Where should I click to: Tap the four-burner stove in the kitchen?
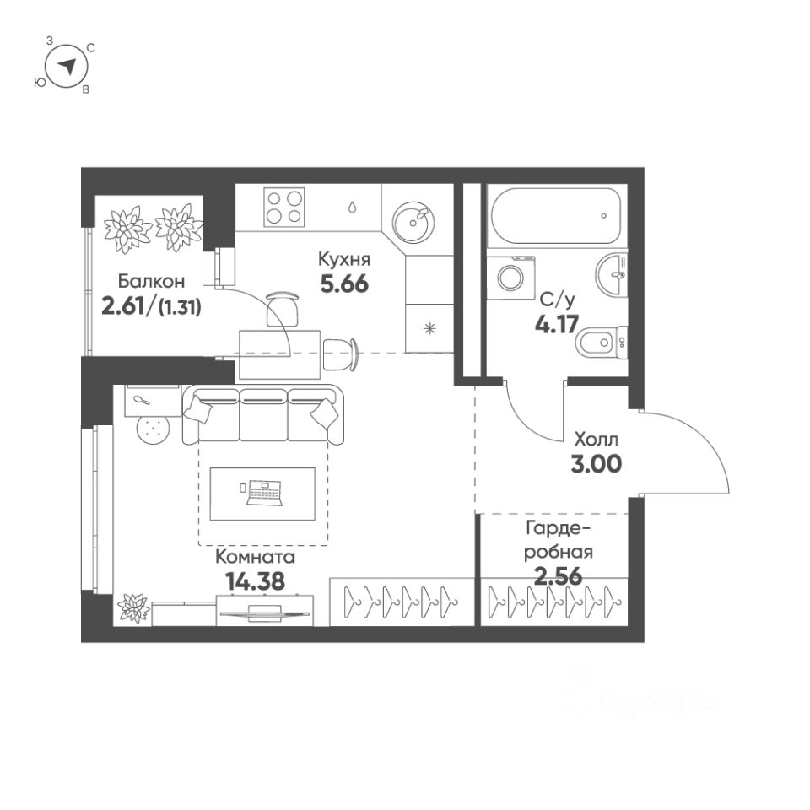(x=283, y=206)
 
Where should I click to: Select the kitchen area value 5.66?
(x=343, y=283)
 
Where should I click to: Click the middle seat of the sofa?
(x=263, y=415)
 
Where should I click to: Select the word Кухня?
(x=344, y=259)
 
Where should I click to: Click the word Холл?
(x=597, y=440)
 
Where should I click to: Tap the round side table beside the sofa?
(x=153, y=429)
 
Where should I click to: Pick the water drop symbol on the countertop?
(x=350, y=206)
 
